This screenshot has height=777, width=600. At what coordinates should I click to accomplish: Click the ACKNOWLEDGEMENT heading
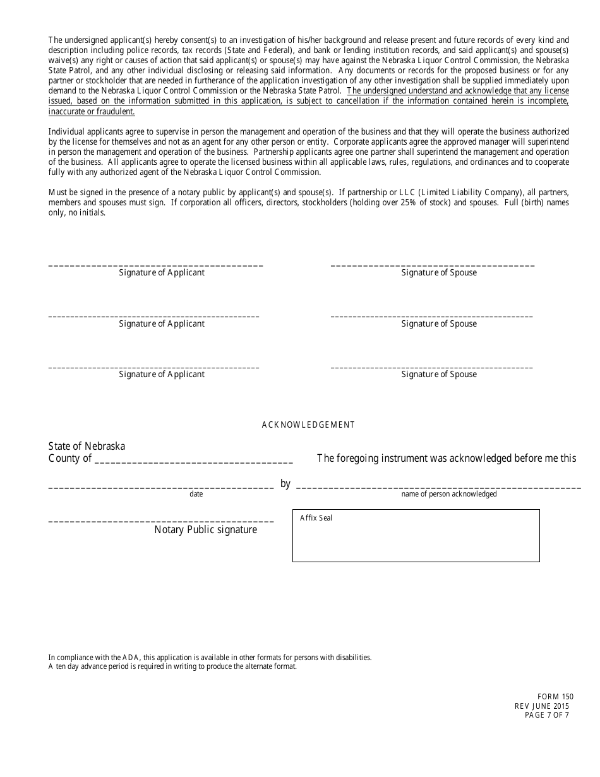308,425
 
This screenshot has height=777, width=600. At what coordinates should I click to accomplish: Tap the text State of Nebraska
87,446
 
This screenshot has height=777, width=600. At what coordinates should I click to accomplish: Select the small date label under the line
196,494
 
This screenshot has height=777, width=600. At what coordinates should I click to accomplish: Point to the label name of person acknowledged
449,494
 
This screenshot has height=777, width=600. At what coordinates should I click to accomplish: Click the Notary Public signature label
206,530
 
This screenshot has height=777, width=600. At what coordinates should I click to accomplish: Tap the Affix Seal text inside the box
316,518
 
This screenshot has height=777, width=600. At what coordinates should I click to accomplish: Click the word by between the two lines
285,483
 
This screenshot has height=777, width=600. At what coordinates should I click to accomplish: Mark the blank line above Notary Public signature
161,521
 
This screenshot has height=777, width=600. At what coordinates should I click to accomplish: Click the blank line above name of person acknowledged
438,487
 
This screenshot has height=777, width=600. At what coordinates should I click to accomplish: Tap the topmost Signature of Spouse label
439,273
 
